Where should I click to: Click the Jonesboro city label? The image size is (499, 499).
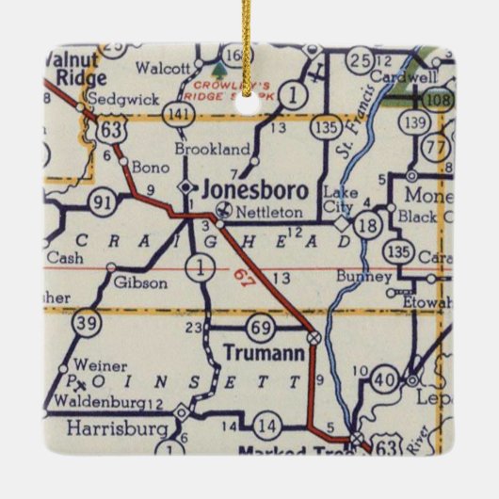241,187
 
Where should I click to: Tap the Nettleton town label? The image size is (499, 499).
263,213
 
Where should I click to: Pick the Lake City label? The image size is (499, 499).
339,199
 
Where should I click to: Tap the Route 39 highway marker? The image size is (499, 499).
87,324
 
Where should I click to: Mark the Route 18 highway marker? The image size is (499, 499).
367,223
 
